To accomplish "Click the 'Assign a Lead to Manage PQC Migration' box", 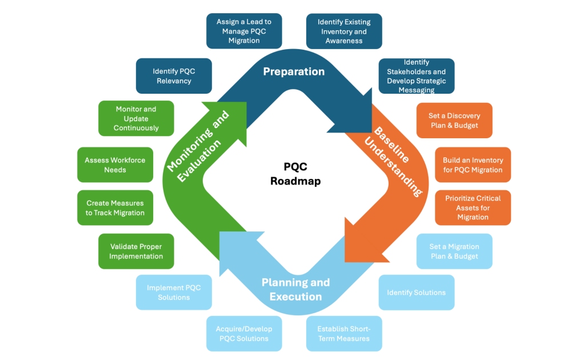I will pos(244,31).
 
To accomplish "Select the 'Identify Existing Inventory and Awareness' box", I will pos(344,31).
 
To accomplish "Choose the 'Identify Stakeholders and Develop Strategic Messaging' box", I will pos(416,76).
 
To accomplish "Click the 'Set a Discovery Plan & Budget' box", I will pos(454,121).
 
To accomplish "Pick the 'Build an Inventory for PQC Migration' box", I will pos(473,165).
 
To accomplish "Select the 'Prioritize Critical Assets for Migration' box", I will pos(473,207).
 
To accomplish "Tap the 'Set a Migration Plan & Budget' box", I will pos(454,251).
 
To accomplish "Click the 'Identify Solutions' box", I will pos(416,293).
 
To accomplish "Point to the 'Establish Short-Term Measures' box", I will pos(344,334).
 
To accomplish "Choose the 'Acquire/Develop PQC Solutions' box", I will pos(244,334).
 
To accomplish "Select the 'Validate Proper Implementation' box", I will pos(136,251).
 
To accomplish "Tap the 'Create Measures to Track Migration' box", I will pos(115,207).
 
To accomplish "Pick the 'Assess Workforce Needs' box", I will pos(115,165).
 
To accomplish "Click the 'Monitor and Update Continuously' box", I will pos(136,118).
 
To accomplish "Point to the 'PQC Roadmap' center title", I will pos(295,174).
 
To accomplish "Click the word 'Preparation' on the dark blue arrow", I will pos(294,71).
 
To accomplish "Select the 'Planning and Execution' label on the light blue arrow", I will pos(295,289).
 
